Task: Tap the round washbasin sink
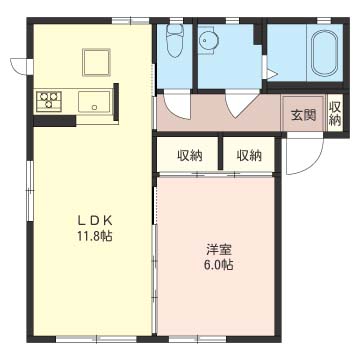pyautogui.click(x=208, y=41)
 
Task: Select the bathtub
pyautogui.click(x=324, y=52)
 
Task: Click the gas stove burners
pyautogui.click(x=49, y=100)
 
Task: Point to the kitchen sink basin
pyautogui.click(x=94, y=102)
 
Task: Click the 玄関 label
pyautogui.click(x=303, y=115)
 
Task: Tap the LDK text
pyautogui.click(x=95, y=221)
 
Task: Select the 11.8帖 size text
pyautogui.click(x=95, y=236)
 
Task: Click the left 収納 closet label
pyautogui.click(x=190, y=155)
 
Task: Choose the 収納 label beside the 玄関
pyautogui.click(x=335, y=114)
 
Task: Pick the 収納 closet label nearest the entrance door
pyautogui.click(x=249, y=155)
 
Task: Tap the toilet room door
pyautogui.click(x=177, y=106)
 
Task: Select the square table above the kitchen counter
pyautogui.click(x=96, y=62)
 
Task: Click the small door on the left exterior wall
pyautogui.click(x=22, y=65)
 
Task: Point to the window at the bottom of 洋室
pyautogui.click(x=198, y=339)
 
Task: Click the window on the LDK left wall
pyautogui.click(x=30, y=191)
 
